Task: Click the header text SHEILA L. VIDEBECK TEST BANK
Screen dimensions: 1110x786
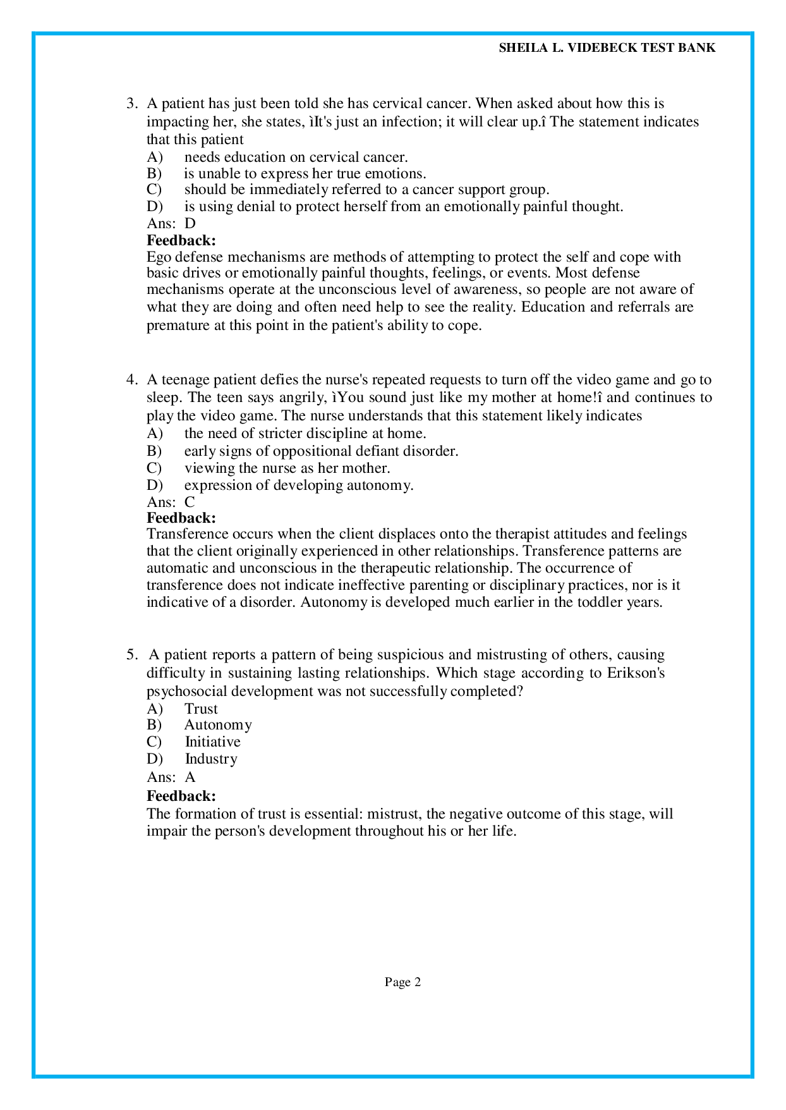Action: click(x=607, y=48)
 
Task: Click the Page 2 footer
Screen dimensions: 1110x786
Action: click(x=402, y=982)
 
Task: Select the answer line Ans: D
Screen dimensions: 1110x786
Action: click(x=171, y=223)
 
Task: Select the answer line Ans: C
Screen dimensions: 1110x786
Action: click(x=171, y=502)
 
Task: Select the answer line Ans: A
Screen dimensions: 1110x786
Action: click(x=171, y=777)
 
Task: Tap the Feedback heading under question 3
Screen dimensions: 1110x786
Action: click(x=181, y=240)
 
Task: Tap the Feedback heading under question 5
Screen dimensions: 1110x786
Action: click(x=181, y=795)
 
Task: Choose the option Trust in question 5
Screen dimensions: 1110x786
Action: click(x=201, y=709)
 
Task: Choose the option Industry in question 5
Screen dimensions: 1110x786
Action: click(x=211, y=759)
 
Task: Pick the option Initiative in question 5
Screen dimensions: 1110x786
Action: click(x=212, y=741)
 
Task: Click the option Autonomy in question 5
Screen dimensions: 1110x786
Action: click(x=218, y=725)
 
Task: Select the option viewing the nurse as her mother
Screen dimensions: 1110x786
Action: click(x=287, y=468)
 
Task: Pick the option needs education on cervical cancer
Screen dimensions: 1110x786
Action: click(x=296, y=157)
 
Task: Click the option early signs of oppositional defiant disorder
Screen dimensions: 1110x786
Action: click(x=321, y=451)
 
